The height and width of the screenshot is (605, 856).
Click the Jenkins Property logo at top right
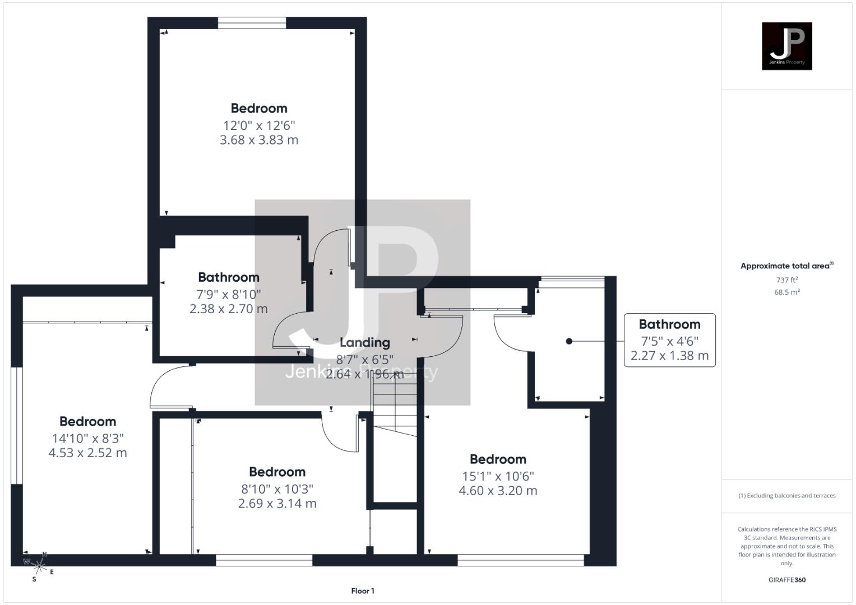tap(786, 46)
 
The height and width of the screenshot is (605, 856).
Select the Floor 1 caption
tap(363, 591)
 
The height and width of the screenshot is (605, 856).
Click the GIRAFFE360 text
tap(786, 580)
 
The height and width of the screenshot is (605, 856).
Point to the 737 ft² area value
tap(786, 280)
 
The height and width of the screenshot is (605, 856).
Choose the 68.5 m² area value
tap(786, 292)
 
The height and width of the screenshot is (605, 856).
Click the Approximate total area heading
tap(786, 266)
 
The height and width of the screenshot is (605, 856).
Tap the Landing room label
tap(364, 342)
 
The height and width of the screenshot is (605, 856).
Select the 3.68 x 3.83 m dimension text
tap(259, 140)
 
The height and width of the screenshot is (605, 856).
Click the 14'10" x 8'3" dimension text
tap(88, 438)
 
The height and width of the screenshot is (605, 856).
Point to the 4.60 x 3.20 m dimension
tap(498, 491)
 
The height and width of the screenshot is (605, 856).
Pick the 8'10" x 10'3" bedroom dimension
tap(277, 488)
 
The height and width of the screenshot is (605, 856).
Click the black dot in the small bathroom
tap(569, 341)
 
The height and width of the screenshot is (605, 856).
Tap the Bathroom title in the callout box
tap(669, 324)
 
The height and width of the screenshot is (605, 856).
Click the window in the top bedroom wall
tap(252, 23)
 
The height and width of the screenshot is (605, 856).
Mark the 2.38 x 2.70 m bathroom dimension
tap(229, 309)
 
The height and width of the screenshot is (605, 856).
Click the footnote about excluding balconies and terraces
tap(786, 496)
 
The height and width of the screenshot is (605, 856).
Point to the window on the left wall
tap(17, 426)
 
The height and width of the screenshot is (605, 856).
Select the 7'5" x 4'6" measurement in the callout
tap(669, 341)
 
